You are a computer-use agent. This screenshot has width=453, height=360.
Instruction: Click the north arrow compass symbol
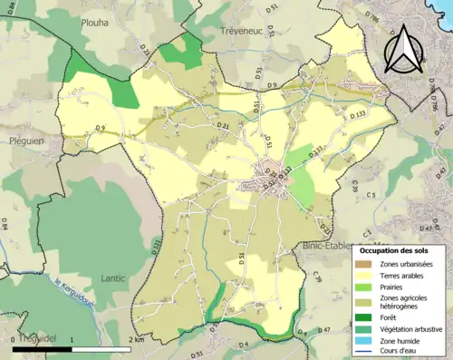[x=402, y=49]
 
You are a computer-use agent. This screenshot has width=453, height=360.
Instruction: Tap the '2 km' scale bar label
[x=135, y=339]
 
